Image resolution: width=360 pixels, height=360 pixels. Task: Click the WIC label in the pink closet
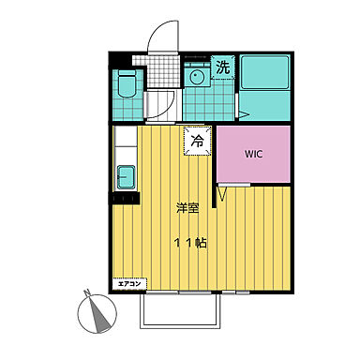253,154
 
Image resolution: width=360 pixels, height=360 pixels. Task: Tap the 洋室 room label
187,208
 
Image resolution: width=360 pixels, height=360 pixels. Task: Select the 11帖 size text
190,243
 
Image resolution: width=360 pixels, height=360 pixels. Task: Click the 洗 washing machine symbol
223,67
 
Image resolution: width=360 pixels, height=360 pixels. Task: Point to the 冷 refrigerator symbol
198,141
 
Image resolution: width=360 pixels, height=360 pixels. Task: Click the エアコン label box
129,284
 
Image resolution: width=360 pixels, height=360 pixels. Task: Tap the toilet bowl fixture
127,83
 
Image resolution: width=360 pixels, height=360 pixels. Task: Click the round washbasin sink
197,77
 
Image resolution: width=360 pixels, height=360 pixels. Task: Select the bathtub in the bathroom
265,72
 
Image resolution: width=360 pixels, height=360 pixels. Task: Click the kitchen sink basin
127,177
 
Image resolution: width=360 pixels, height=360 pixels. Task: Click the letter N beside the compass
87,292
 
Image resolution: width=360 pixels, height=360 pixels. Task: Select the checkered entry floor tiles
163,71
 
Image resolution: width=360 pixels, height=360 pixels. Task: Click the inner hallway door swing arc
168,106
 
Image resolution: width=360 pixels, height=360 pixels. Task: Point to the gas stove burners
124,198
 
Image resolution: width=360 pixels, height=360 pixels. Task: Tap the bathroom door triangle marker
243,114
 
